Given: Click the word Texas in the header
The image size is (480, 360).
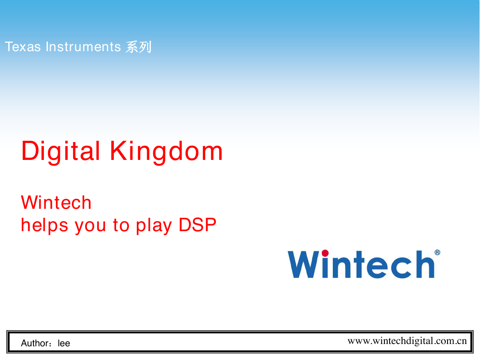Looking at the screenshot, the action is pos(23,47).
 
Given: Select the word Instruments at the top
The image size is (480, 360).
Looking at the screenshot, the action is pos(83,47).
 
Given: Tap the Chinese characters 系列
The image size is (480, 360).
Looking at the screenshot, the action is pos(139,47).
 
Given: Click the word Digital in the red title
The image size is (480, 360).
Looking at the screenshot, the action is pos(61,151).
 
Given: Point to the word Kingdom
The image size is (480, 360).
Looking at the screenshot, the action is pos(166,151).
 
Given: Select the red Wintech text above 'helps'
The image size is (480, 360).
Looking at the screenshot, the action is pos(56,202).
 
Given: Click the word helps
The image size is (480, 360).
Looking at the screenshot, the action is pos(44,226).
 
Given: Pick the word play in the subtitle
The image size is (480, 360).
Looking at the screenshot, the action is pos(154,226).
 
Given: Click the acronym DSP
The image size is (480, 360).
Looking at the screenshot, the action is pos(197,225).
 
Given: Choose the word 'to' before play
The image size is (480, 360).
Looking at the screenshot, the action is pos(121,226).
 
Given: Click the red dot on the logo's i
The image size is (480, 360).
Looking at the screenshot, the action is pos(325,253).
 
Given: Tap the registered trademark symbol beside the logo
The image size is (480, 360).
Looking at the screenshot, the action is pos(437,252).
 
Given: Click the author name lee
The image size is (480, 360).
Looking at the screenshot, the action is pos(64,343).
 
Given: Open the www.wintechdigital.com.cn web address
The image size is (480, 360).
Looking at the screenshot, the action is pos(407,341).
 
